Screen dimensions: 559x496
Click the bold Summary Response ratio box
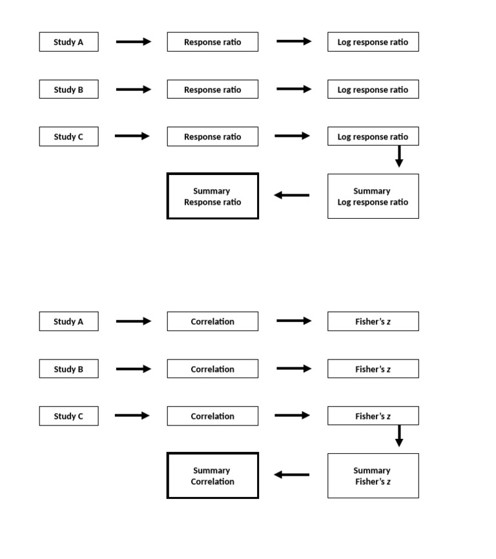[x=212, y=196]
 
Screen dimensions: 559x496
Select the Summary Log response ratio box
[x=373, y=196]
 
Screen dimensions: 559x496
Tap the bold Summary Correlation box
[x=212, y=476]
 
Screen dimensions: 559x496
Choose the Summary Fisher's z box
[x=373, y=476]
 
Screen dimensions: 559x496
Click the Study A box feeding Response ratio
[x=68, y=42]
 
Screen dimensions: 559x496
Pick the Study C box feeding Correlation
[x=68, y=416]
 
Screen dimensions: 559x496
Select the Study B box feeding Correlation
[x=68, y=369]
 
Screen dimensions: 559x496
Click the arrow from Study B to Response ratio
[x=133, y=90]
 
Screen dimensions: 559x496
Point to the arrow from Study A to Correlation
[x=133, y=321]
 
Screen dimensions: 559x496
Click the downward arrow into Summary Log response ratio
[x=399, y=156]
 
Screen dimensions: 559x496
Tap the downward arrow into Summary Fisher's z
[x=399, y=436]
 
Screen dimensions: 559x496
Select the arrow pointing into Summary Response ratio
[x=291, y=195]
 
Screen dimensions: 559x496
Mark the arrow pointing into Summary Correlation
[x=291, y=474]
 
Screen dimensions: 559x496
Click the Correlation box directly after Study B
[x=212, y=369]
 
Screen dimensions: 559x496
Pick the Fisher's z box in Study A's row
[x=373, y=321]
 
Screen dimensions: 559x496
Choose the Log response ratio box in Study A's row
[x=373, y=42]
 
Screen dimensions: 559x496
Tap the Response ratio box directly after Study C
[x=212, y=137]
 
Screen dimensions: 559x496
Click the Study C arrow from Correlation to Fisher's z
[x=292, y=416]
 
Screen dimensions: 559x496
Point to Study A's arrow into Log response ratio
[x=294, y=41]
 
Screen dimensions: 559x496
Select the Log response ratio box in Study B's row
[x=373, y=90]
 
